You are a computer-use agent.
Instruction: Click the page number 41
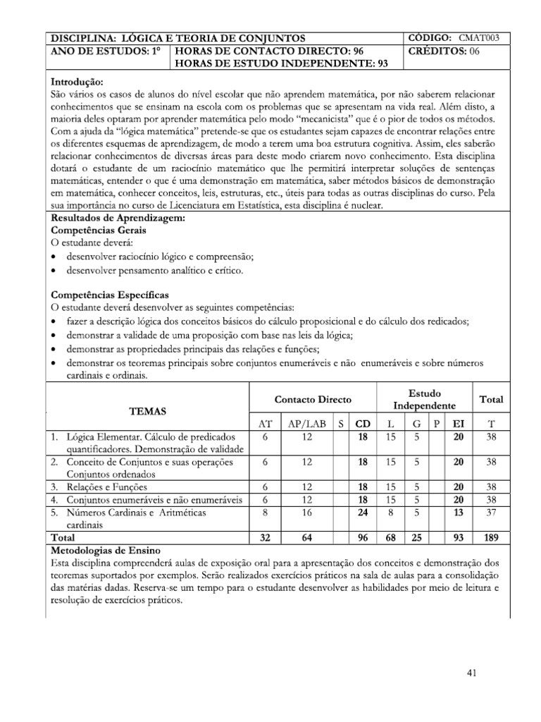(472, 673)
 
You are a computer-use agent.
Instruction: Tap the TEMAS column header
(148, 410)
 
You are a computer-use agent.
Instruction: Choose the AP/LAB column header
(304, 424)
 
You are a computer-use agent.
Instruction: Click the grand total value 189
(491, 537)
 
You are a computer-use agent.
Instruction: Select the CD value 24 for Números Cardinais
(363, 512)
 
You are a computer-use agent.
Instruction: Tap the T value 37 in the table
(491, 512)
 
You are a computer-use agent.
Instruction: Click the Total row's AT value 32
(264, 537)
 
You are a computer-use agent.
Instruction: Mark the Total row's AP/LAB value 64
(304, 537)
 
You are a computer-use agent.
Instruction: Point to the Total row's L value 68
(390, 537)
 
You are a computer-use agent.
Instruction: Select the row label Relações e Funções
(97, 487)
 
